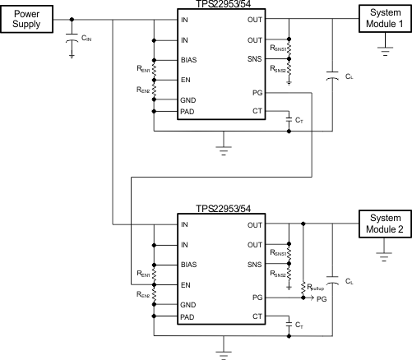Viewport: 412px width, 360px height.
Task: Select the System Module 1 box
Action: (382, 19)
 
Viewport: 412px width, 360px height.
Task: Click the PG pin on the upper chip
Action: (257, 95)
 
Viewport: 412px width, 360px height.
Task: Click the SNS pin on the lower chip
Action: (254, 265)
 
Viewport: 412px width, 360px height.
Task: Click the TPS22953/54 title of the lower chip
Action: (222, 210)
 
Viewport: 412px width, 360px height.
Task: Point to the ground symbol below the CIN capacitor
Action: (73, 56)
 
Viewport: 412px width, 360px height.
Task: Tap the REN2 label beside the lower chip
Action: (143, 293)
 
